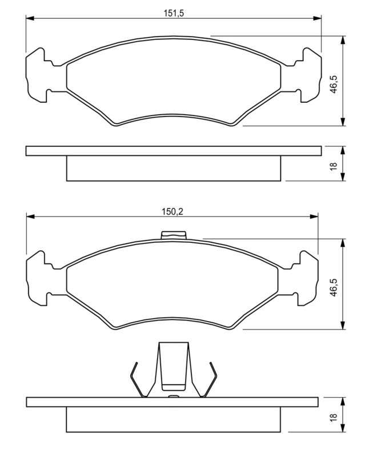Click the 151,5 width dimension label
(174, 13)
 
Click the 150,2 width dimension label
(173, 211)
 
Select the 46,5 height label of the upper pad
(334, 85)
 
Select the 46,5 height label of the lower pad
(334, 288)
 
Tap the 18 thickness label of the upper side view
(334, 166)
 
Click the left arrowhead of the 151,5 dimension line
(30, 18)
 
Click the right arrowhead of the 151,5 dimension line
(317, 18)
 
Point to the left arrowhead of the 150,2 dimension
(31, 217)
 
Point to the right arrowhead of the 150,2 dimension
(314, 217)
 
